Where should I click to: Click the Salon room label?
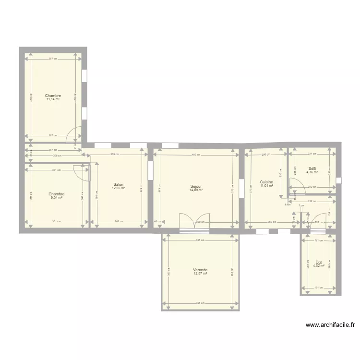point(118,184)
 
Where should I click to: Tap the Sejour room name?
point(196,186)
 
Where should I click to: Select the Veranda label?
point(200,270)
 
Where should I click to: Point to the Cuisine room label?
point(266,182)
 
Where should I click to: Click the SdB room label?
point(312,168)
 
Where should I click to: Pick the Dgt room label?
point(319,262)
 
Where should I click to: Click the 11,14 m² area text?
point(53,99)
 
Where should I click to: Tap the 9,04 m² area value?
point(57,197)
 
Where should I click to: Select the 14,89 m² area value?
point(196,190)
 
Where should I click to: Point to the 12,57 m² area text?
point(200,274)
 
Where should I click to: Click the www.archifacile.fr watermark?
point(330,325)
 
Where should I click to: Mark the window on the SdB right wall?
point(338,180)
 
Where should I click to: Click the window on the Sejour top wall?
point(170,145)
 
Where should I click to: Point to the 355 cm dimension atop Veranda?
point(201,240)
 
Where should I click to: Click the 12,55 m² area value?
point(118,188)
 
